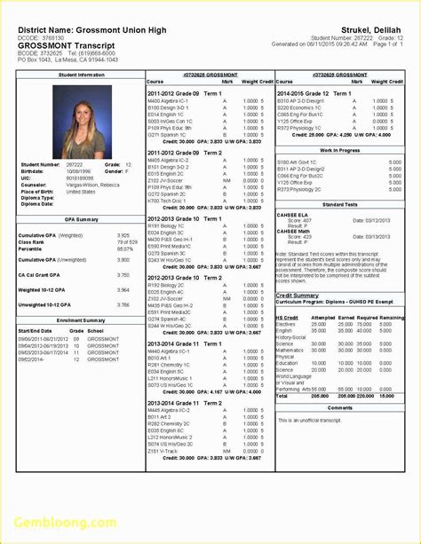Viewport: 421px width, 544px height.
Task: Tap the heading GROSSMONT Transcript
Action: [57, 43]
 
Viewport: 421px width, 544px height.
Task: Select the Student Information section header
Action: [80, 75]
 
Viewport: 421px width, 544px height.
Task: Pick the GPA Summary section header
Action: [80, 219]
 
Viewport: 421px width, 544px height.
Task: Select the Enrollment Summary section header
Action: [80, 320]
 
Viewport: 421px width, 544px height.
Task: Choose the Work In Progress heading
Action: [340, 151]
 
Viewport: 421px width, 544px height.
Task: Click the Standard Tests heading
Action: [340, 204]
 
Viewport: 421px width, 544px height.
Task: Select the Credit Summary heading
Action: [298, 296]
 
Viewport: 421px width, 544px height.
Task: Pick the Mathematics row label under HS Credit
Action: [291, 350]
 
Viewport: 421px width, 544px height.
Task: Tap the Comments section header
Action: [340, 407]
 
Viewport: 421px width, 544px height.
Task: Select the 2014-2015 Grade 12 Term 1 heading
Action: [314, 93]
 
